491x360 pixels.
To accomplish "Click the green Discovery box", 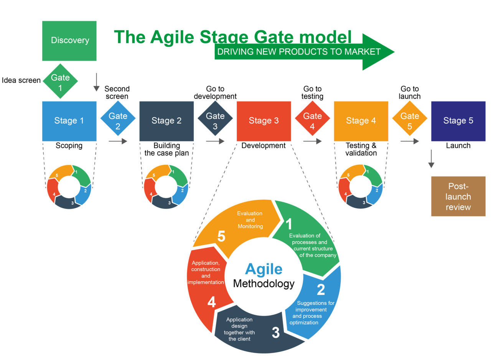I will pos(69,41).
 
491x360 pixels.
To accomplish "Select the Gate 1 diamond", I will pos(60,81).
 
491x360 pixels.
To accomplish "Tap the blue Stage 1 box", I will pos(69,121).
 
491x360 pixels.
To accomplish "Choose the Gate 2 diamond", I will pos(118,118).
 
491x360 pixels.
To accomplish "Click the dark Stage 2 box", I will pos(166,121).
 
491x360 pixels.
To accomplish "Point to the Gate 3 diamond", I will pos(215,118).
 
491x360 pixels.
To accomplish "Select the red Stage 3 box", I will pos(264,121).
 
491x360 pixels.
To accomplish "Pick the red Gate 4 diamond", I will pos(312,118).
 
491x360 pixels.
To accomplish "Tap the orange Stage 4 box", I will pos(361,121).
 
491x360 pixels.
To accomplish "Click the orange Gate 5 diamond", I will pos(410,118).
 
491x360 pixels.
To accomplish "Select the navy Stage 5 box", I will pos(458,121).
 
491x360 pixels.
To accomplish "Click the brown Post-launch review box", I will pos(458,196).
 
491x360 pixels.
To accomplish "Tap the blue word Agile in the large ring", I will pos(264,269).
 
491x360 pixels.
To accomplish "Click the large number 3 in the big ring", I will pos(275,333).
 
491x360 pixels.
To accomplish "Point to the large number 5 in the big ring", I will pos(221,237).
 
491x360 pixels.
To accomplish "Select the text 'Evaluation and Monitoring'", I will pos(250,220).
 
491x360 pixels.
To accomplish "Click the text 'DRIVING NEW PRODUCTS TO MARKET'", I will pos(299,52).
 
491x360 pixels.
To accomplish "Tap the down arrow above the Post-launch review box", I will pos(431,159).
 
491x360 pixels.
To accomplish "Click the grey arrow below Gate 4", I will pos(312,141).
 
